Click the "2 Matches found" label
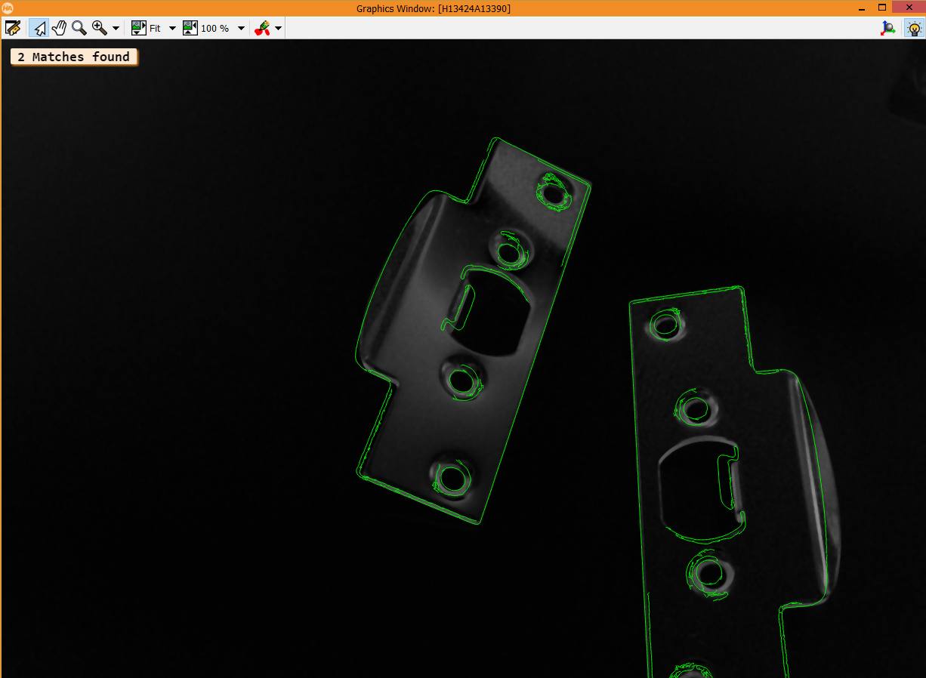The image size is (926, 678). (74, 57)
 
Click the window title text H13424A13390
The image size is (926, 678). (433, 8)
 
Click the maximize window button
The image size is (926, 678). (881, 8)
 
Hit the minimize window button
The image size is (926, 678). (862, 8)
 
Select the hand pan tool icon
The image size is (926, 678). (59, 29)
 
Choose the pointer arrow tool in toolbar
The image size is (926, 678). (39, 29)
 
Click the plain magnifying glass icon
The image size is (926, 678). (79, 29)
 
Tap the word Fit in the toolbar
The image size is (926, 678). (155, 29)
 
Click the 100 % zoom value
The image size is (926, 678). (215, 29)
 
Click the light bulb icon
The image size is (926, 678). (913, 29)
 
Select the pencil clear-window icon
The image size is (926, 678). (13, 29)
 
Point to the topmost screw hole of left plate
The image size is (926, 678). (555, 196)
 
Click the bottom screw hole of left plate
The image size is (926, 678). (452, 478)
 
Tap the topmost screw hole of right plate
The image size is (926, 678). (665, 325)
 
